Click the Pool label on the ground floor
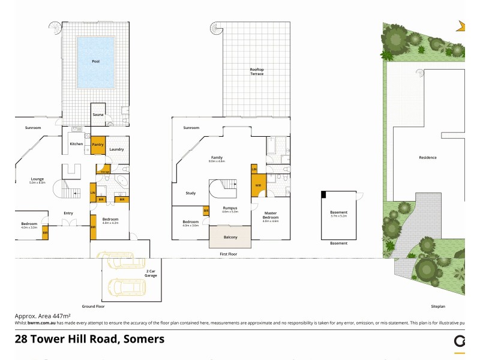(x=95, y=61)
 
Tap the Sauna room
(x=97, y=114)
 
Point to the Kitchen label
(x=76, y=144)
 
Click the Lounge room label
(x=37, y=179)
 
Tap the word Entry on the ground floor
(x=68, y=212)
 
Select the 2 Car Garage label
(x=151, y=273)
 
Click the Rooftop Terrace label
(x=257, y=71)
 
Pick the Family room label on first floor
(x=217, y=158)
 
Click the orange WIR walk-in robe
(x=258, y=185)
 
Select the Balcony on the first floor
(x=230, y=237)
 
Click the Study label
(x=191, y=193)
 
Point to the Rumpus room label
(x=230, y=208)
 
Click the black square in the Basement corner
(x=324, y=194)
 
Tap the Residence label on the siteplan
(x=427, y=158)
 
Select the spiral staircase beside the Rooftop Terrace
(x=216, y=28)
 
